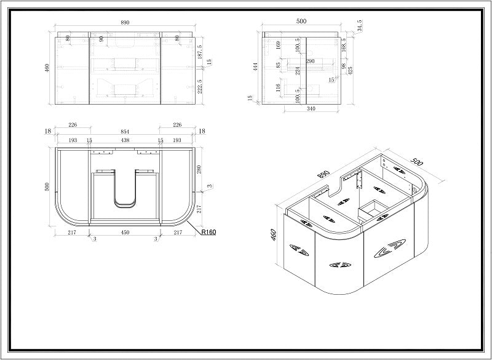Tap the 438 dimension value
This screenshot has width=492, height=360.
tap(125, 140)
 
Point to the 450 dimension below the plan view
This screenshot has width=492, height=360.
tap(125, 232)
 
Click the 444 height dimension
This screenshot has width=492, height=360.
tap(253, 66)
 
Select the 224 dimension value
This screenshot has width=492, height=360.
tap(297, 70)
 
